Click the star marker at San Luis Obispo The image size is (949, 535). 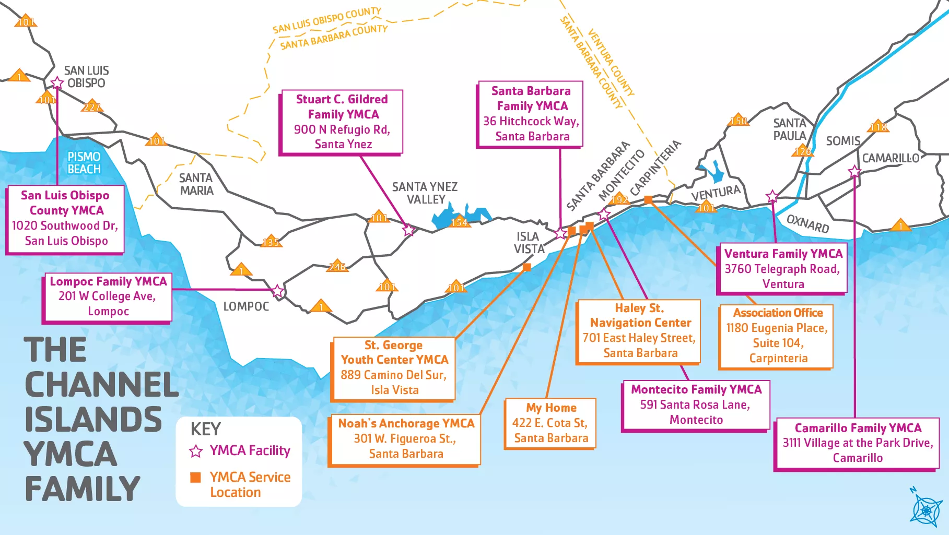click(x=57, y=83)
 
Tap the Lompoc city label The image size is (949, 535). click(x=246, y=306)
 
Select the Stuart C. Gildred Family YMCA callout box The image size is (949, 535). click(x=342, y=122)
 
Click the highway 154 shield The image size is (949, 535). click(x=459, y=222)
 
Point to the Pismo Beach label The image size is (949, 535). click(x=84, y=163)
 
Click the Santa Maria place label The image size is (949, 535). click(x=196, y=184)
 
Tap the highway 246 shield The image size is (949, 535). click(x=337, y=267)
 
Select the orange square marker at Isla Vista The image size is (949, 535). click(x=526, y=267)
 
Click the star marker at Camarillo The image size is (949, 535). click(x=854, y=172)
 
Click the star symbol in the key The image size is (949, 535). click(x=196, y=451)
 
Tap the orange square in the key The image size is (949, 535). click(x=195, y=478)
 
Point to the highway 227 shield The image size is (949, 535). click(x=91, y=107)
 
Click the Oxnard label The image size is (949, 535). click(x=807, y=223)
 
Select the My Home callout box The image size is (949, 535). click(x=550, y=423)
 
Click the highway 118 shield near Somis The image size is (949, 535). click(x=878, y=127)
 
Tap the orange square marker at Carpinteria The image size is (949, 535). click(x=648, y=199)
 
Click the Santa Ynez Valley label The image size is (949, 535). click(x=425, y=193)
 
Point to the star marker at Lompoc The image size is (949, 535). click(x=277, y=291)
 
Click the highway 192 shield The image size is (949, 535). click(x=619, y=199)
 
